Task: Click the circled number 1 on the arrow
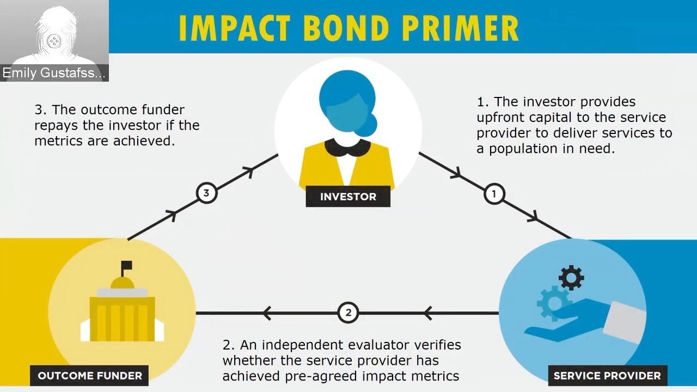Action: [494, 194]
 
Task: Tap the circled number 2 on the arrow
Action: [348, 313]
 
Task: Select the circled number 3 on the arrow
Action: [206, 192]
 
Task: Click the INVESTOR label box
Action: [348, 197]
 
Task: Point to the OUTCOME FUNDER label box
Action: [90, 375]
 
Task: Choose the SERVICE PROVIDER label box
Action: [607, 375]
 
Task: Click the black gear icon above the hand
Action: [571, 278]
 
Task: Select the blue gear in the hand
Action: [552, 301]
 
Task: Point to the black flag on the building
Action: [126, 266]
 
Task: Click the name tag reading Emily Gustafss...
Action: [54, 73]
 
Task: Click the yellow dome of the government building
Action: [122, 283]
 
